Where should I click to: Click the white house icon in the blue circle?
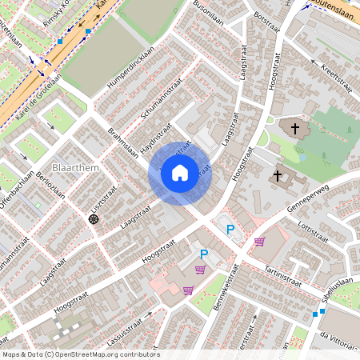(180, 172)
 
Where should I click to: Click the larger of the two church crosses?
(295, 128)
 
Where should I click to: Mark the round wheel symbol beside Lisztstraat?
(94, 218)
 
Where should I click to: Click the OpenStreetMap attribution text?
(80, 354)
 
